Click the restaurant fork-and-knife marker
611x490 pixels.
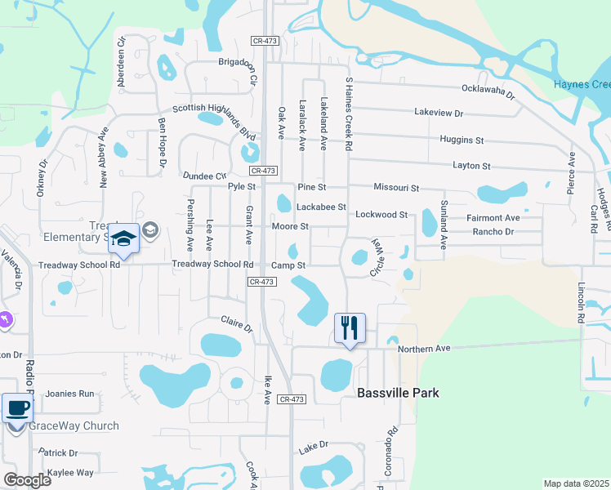350,328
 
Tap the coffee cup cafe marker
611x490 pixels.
17,408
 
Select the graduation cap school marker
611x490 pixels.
124,238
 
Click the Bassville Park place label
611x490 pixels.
399,393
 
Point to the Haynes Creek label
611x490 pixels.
582,85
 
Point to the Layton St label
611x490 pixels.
472,166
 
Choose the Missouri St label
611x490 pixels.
396,188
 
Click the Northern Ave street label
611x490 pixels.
424,350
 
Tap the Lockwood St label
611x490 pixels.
381,215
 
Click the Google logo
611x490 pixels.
27,480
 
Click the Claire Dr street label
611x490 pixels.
236,323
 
